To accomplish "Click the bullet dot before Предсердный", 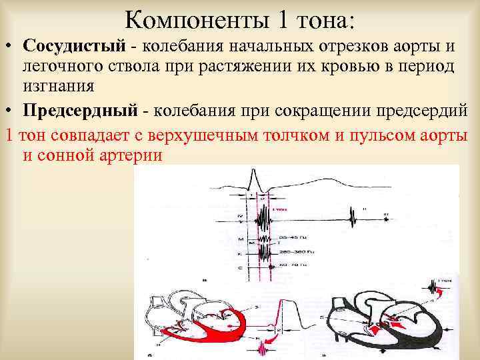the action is (x=10, y=109).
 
